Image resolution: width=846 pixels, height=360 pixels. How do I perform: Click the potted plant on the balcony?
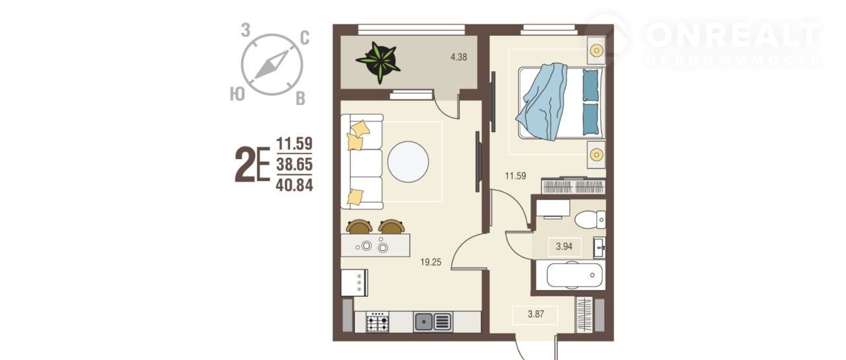379,62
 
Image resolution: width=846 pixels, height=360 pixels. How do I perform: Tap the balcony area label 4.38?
459,57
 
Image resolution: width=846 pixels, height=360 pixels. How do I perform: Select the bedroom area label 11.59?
516,176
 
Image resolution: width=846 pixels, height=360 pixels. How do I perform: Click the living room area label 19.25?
430,262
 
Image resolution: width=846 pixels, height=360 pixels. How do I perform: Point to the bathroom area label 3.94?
564,247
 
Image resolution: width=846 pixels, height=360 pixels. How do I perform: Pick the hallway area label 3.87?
535,314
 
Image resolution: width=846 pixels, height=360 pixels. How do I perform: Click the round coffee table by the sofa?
408,162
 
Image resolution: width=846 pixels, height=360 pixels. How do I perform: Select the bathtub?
570,275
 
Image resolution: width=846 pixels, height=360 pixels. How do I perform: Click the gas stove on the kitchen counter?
377,322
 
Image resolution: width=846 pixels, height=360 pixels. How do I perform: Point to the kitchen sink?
433,322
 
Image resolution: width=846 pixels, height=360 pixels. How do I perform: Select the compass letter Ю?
237,94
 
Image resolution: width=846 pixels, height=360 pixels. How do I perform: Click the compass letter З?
246,30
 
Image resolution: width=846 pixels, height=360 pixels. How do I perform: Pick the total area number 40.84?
294,185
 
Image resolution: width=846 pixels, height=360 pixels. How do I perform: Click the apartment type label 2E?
252,165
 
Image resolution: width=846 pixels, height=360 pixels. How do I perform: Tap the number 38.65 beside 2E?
294,164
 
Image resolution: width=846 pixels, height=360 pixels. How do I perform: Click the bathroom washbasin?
599,248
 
